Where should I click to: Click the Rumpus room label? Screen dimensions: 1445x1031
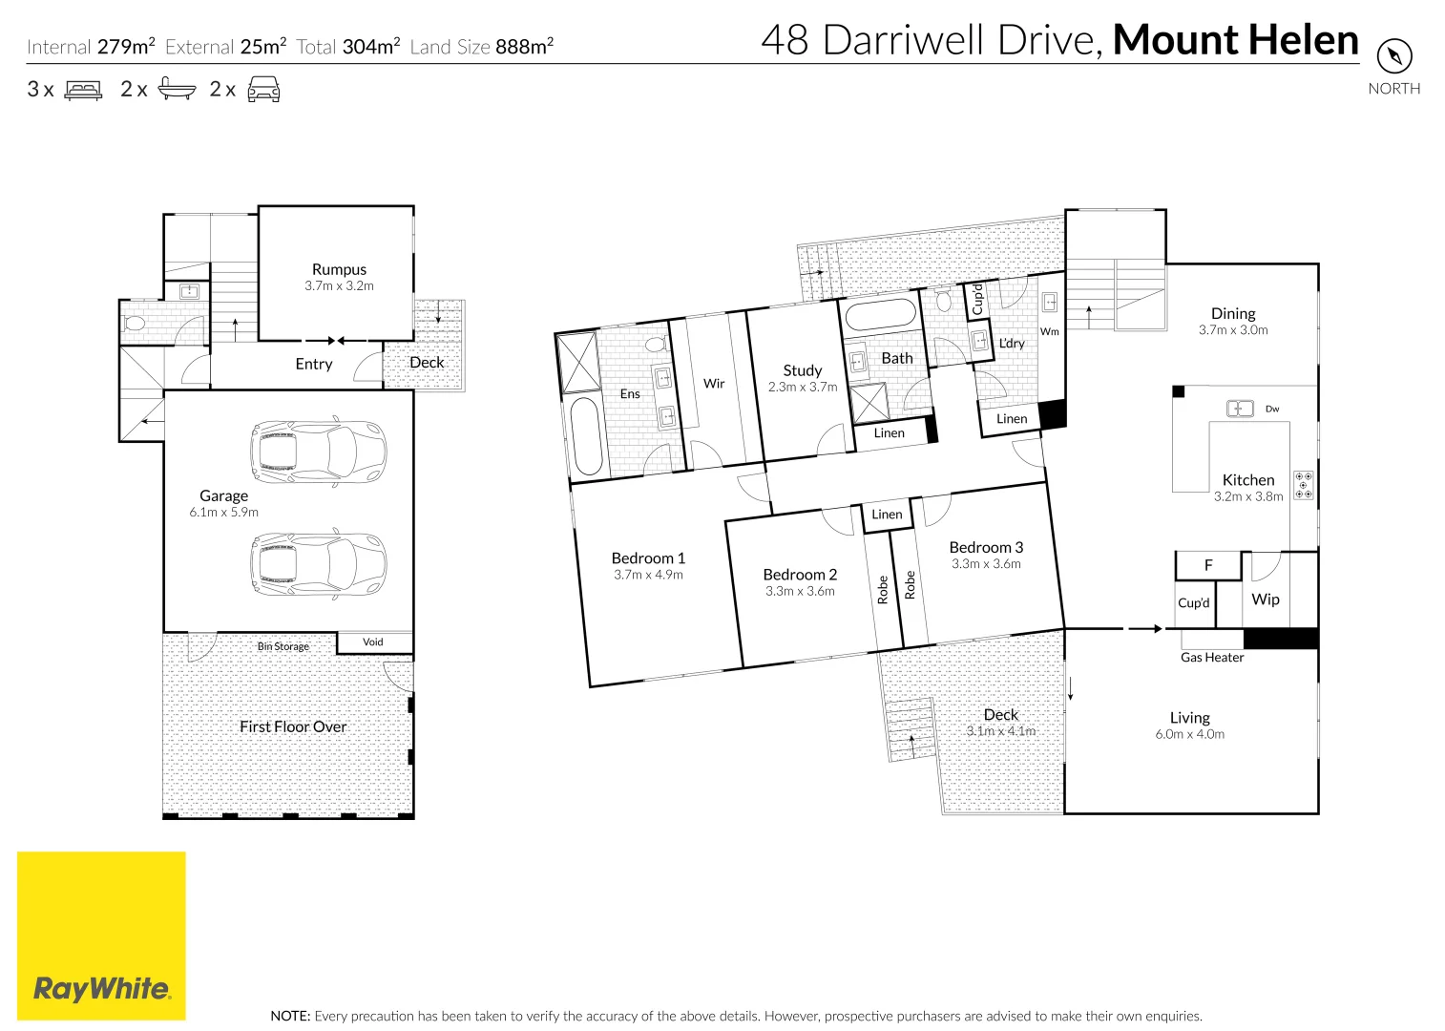(x=340, y=270)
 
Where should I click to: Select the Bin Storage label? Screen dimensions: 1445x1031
(x=283, y=646)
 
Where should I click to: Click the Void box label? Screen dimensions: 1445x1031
(x=373, y=642)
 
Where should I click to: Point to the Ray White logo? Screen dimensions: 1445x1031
(x=101, y=936)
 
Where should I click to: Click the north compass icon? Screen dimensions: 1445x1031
(x=1394, y=56)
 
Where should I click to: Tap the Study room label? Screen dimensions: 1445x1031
(x=803, y=370)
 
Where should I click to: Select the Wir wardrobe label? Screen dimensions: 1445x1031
(x=714, y=384)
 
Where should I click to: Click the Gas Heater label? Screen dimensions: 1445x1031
(x=1212, y=658)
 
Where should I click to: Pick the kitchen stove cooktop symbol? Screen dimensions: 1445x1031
(x=1303, y=485)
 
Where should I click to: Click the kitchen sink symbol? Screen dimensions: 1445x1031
(x=1239, y=409)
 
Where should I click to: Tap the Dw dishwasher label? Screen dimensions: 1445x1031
(x=1272, y=409)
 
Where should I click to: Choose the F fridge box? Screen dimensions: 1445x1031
(x=1208, y=566)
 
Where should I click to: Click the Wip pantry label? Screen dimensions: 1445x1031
(x=1265, y=600)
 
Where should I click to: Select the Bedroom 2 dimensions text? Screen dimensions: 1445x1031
(x=800, y=591)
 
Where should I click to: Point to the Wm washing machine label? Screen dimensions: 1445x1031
(x=1050, y=331)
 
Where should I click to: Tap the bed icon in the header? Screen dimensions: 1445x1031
(x=83, y=90)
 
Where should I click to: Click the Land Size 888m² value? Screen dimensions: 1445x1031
(x=525, y=47)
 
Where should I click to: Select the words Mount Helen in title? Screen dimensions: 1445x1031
(x=1236, y=40)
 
